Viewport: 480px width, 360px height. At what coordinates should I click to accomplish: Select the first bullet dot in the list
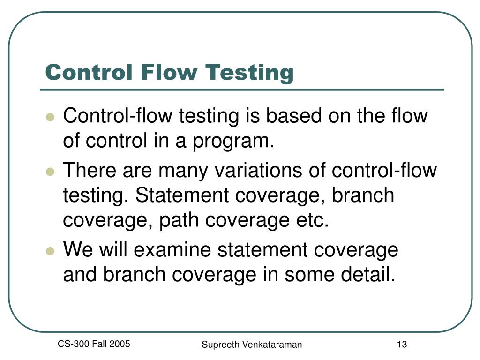[50, 117]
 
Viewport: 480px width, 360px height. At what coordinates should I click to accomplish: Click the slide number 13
[401, 345]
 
